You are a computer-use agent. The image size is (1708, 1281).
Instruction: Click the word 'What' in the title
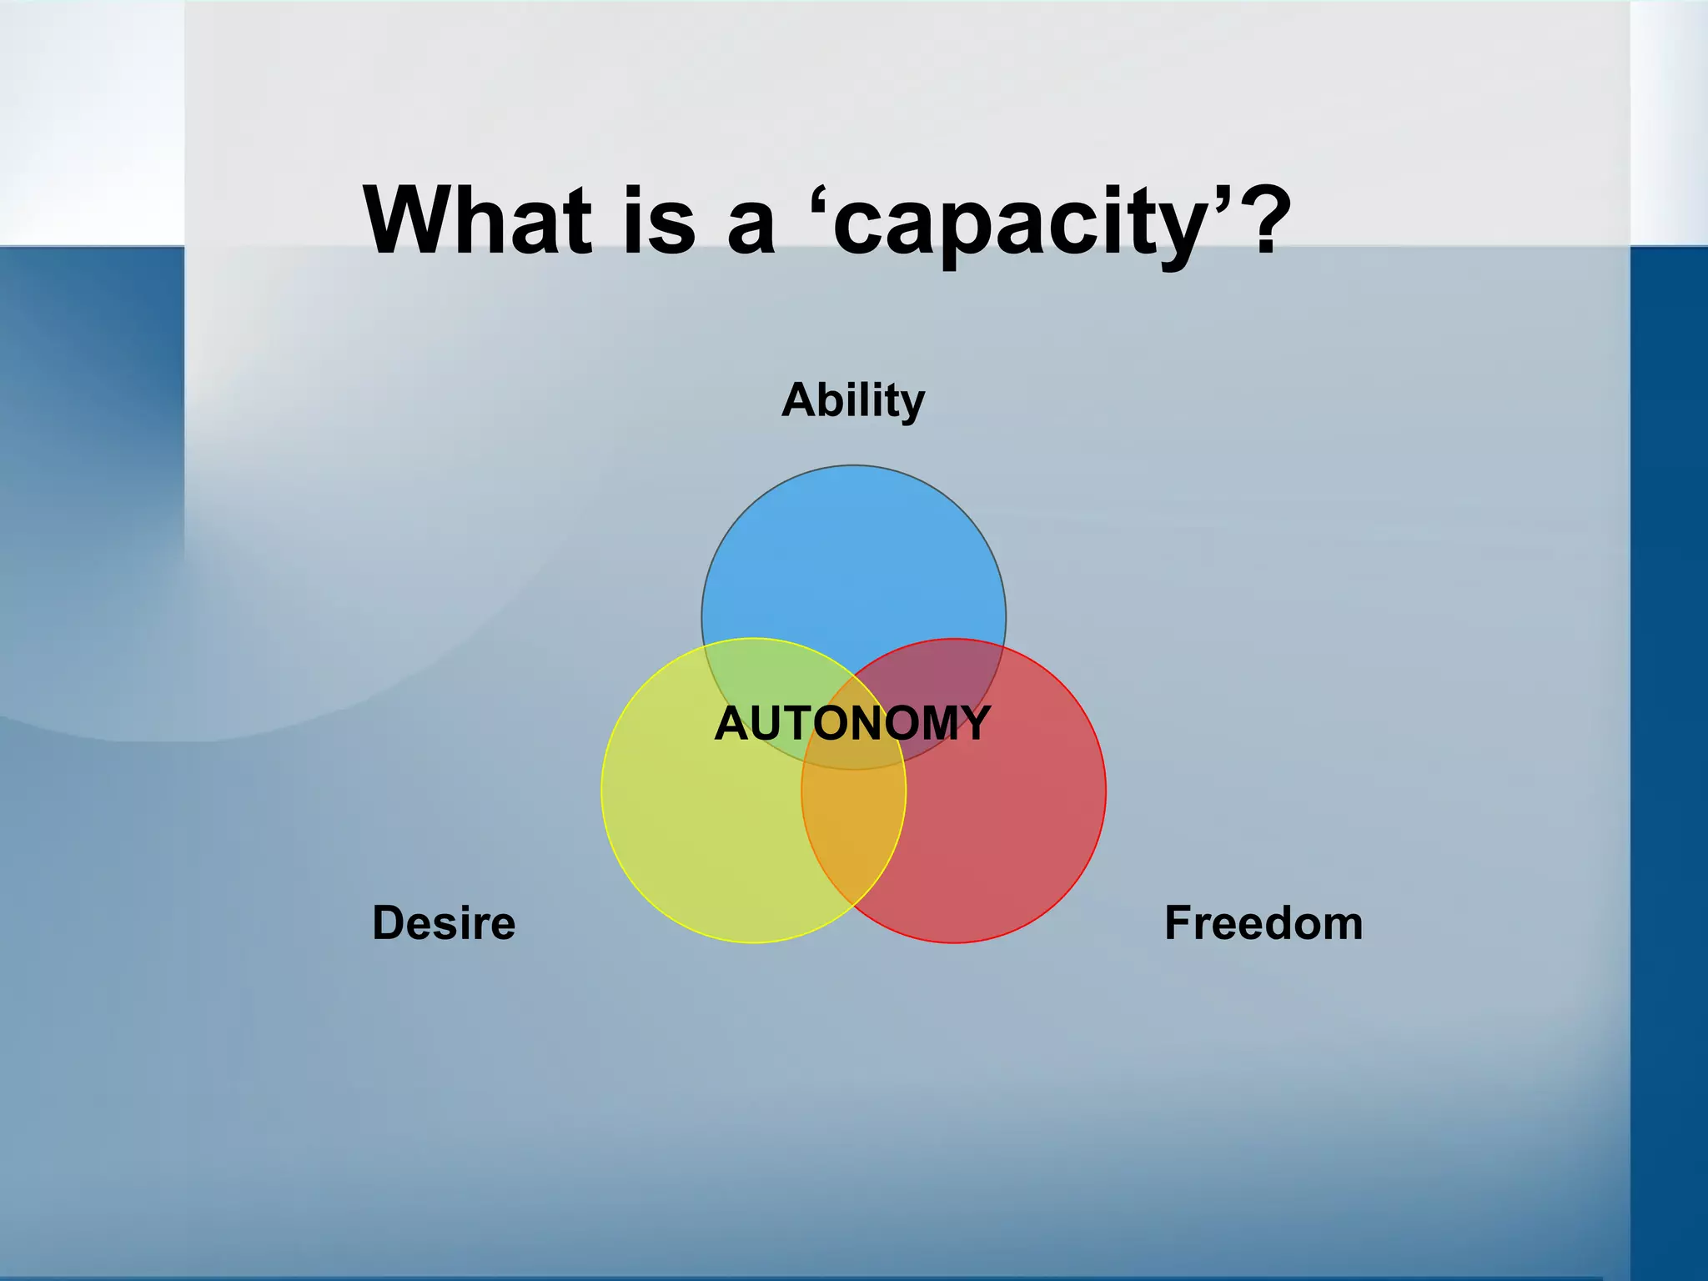click(477, 220)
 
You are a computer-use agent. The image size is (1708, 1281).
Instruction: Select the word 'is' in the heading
click(659, 220)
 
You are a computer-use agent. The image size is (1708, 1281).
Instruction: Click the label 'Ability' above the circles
click(853, 401)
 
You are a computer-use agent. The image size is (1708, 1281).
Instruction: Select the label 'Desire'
click(444, 923)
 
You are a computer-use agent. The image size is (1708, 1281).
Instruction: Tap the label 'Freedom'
click(1263, 923)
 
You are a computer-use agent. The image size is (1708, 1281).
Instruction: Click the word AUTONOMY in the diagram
click(852, 723)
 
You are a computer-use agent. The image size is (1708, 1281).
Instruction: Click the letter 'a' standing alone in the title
click(751, 229)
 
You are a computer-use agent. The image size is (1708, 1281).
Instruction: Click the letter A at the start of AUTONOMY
click(731, 723)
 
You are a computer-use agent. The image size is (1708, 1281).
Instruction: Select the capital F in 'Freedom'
click(1177, 923)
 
